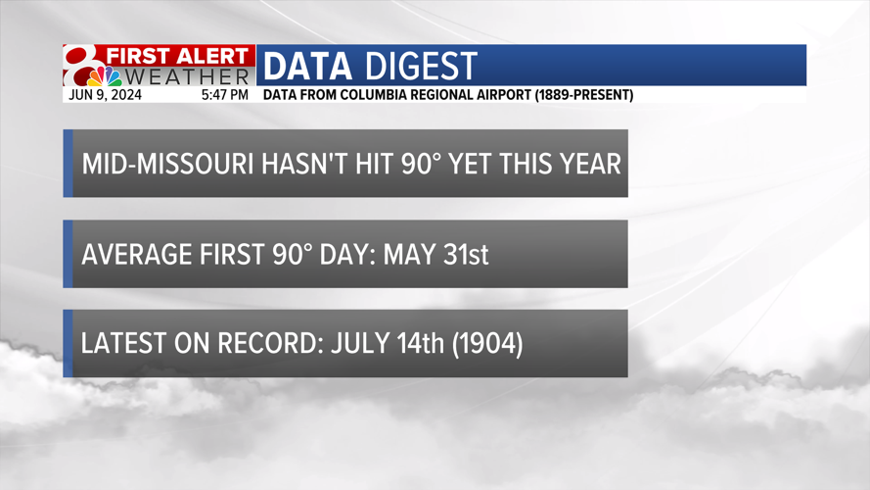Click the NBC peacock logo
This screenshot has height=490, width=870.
105,76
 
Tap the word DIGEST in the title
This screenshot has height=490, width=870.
422,66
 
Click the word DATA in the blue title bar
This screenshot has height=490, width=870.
307,66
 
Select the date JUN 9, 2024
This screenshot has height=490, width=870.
105,95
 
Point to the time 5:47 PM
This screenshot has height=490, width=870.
225,95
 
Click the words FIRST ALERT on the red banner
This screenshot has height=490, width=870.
177,56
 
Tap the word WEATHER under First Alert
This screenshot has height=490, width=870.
187,76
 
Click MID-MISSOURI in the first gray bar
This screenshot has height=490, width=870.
168,164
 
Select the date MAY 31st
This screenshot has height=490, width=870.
436,255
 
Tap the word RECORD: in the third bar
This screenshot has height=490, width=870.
271,343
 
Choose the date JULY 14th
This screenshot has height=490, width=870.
388,343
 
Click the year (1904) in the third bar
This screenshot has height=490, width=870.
487,344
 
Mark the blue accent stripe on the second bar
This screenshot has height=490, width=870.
68,254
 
